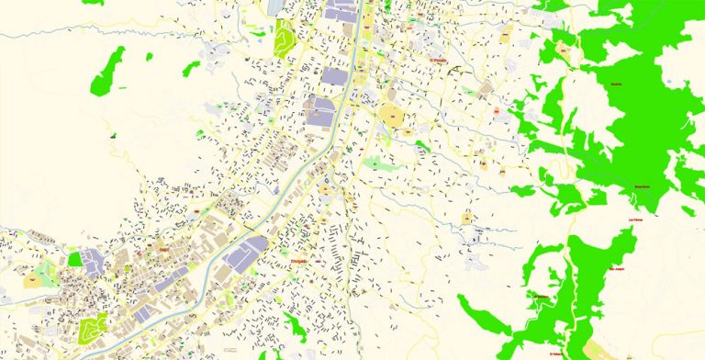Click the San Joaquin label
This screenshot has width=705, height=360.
(621, 269)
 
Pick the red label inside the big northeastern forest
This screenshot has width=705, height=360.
(615, 84)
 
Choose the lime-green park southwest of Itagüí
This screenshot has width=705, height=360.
(92, 326)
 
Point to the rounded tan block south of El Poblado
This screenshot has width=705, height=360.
(391, 117)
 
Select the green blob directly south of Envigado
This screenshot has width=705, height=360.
(296, 323)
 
